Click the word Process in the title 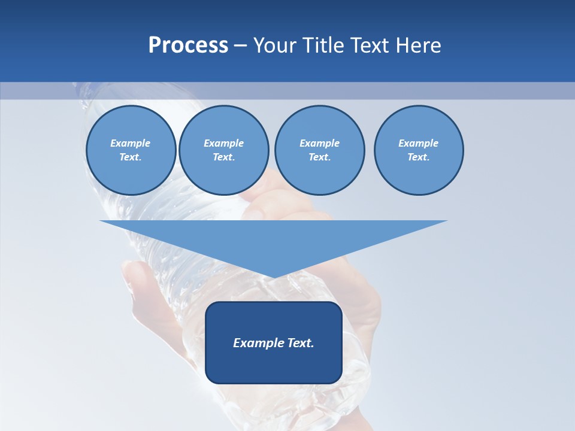[188, 45]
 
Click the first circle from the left [131, 150]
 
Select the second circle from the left [223, 150]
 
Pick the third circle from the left [319, 150]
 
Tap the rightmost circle [418, 150]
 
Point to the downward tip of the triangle [274, 277]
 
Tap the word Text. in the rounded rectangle [300, 343]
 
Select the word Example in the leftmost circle [131, 143]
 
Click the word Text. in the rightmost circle [418, 157]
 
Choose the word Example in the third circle [319, 143]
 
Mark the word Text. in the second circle [223, 157]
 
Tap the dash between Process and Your [240, 45]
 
